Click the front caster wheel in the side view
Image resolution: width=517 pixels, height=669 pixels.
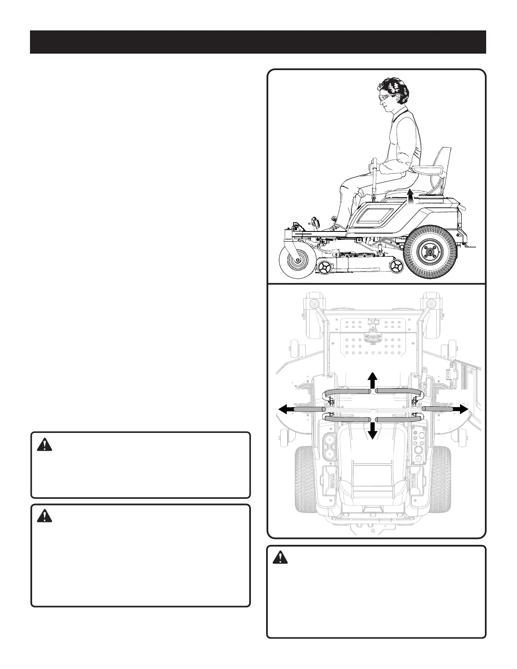pyautogui.click(x=297, y=262)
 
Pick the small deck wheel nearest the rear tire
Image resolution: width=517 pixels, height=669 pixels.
pyautogui.click(x=397, y=266)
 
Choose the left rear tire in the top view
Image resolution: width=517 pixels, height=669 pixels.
pyautogui.click(x=304, y=477)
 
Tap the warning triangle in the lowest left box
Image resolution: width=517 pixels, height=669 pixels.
pyautogui.click(x=44, y=516)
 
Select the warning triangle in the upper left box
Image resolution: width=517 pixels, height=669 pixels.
pyautogui.click(x=44, y=444)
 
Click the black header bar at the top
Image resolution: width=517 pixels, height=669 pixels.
pyautogui.click(x=258, y=42)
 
